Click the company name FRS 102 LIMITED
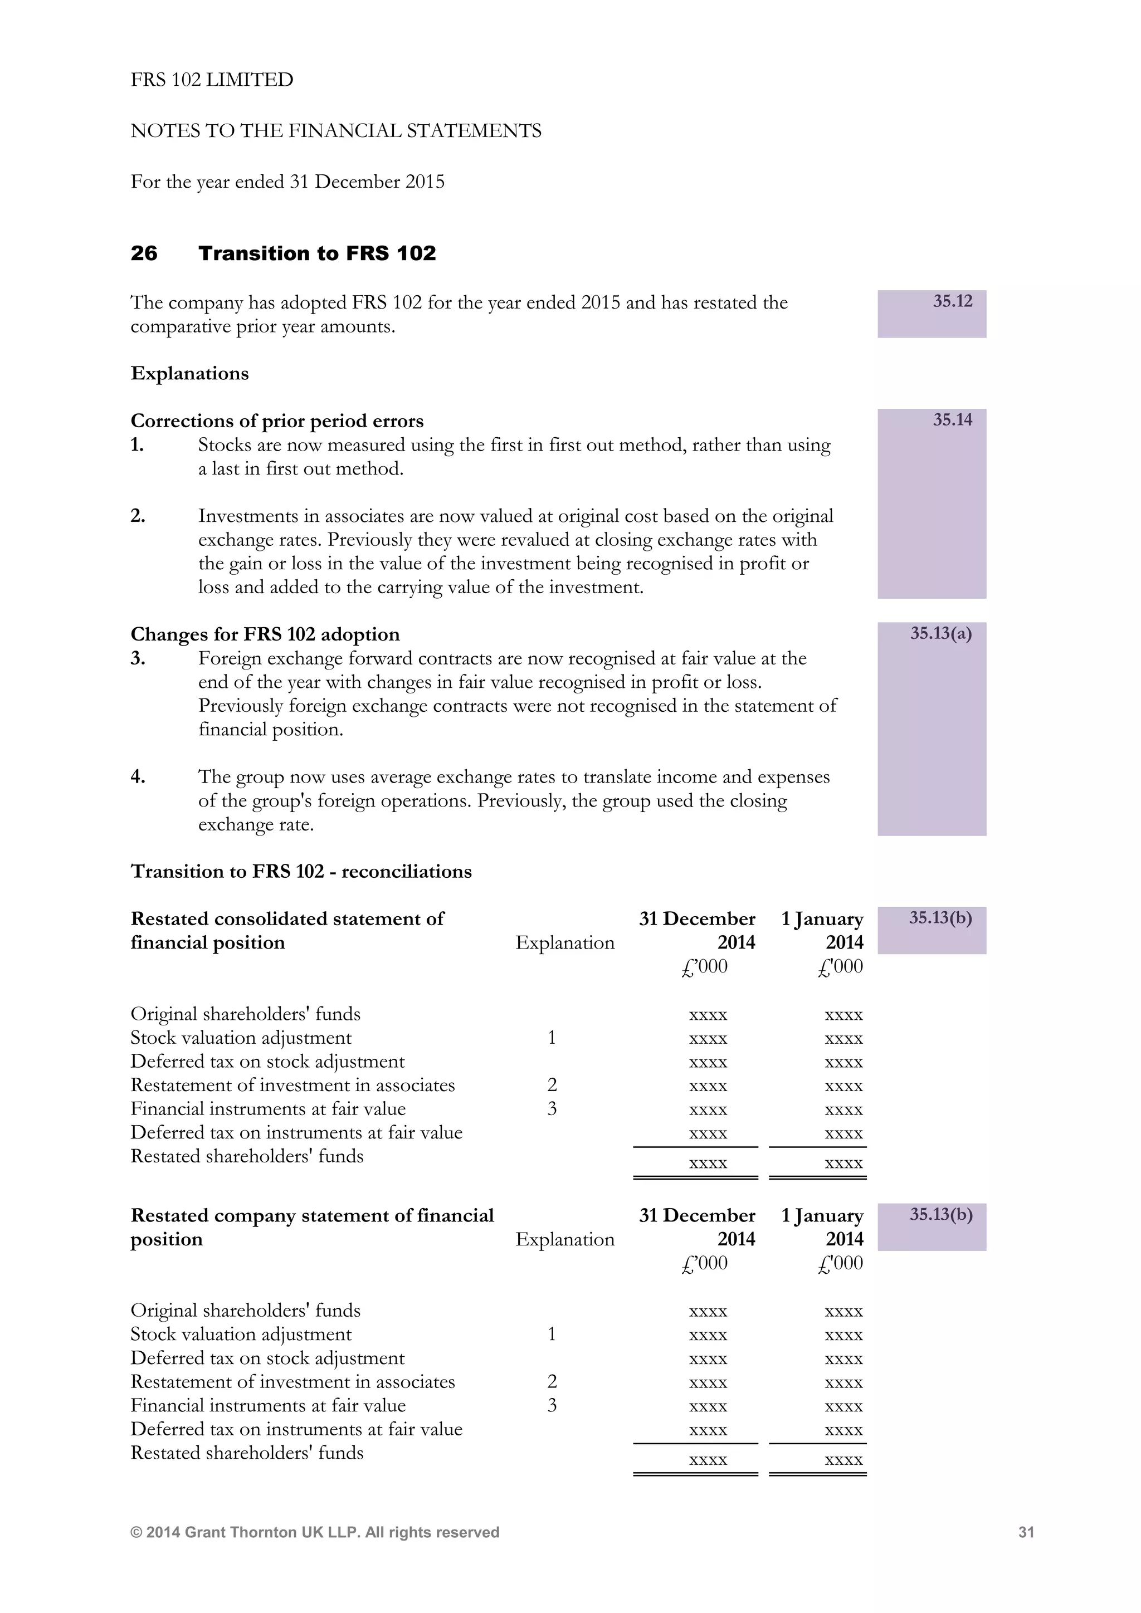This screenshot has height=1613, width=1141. pos(212,80)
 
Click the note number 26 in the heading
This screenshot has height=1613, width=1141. pos(144,253)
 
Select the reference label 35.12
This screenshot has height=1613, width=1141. pos(952,301)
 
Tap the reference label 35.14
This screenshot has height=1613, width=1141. pos(952,420)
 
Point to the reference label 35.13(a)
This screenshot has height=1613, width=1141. pos(941,634)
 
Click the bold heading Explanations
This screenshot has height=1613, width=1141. pos(189,373)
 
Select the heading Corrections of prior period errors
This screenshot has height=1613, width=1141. pos(277,421)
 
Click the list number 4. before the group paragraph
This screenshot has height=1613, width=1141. pos(138,776)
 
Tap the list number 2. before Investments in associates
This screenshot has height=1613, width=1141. pos(138,516)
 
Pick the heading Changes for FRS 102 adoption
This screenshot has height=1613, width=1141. pos(265,634)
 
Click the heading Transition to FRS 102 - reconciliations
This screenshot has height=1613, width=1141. pos(301,871)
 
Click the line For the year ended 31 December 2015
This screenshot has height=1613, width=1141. pos(287,182)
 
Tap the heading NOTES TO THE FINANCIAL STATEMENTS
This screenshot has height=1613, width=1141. pos(336,131)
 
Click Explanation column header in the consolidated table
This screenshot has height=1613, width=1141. pos(564,943)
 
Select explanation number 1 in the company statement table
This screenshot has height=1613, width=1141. pos(552,1333)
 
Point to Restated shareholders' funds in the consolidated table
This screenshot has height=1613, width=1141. pos(247,1156)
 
